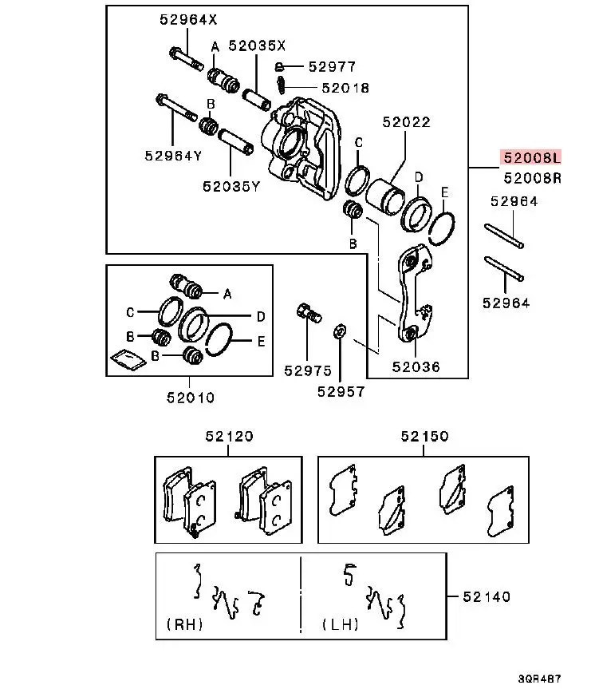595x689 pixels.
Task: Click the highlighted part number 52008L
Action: point(532,157)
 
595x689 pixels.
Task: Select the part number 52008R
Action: point(532,178)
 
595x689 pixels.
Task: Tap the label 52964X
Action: point(188,19)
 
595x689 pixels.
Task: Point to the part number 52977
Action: point(332,67)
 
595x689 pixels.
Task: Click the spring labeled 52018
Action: point(281,85)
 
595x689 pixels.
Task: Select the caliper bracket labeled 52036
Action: point(415,294)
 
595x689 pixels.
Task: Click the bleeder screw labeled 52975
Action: point(309,312)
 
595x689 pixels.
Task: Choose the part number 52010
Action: point(191,398)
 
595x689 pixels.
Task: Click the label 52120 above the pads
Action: point(229,436)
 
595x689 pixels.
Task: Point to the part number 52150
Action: point(424,436)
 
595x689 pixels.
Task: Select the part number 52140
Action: point(487,596)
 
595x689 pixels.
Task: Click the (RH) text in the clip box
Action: point(184,624)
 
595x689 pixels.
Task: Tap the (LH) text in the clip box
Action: point(341,624)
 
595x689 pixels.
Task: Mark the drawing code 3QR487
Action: point(539,679)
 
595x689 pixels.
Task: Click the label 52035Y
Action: point(231,186)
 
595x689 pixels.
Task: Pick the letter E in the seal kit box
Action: point(262,342)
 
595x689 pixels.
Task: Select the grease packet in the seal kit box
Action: point(128,359)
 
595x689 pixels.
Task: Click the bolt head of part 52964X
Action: point(175,53)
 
